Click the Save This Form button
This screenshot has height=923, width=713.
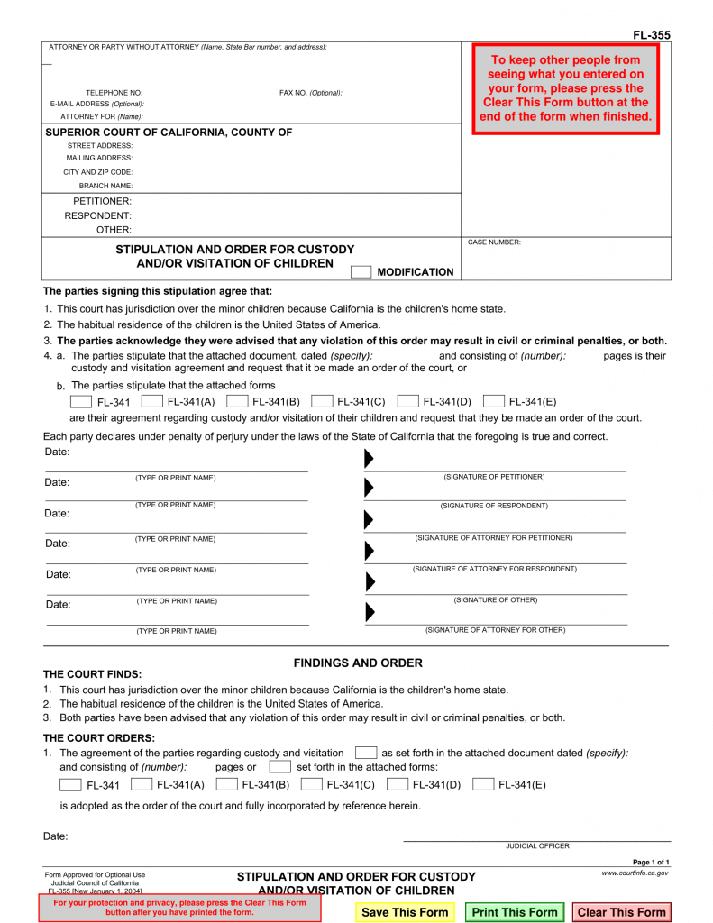coord(405,912)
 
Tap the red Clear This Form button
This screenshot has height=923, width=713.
coord(621,912)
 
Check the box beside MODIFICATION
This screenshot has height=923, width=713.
coord(361,272)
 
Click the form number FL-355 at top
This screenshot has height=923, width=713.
coord(651,35)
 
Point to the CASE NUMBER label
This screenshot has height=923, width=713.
coord(494,242)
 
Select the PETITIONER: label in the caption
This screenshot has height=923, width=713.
coord(102,201)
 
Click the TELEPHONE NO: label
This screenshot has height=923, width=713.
coord(114,93)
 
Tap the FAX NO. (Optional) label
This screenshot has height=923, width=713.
coord(311,93)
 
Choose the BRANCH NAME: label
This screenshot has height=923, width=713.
coord(105,186)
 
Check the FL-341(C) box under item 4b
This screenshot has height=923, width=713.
coord(324,401)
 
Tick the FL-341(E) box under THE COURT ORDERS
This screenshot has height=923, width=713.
coord(483,784)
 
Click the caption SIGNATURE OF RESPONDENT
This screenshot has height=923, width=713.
coord(494,506)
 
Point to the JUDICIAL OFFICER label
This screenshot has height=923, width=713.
coord(537,846)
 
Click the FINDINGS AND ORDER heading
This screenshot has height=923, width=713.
coord(358,663)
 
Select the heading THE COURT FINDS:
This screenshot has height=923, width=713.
coord(93,674)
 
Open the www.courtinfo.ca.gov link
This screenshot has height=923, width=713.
coord(635,873)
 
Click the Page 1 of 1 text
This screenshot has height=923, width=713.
coord(651,863)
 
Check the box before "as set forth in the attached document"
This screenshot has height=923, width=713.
coord(366,753)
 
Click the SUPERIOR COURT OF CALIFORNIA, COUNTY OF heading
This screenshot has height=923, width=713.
coord(169,133)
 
